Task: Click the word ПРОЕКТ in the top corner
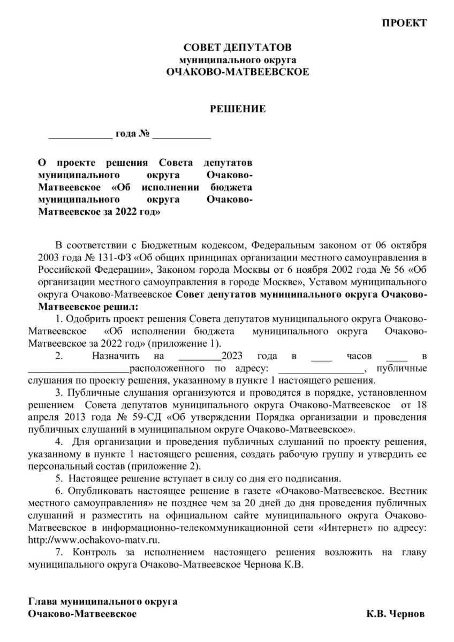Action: click(405, 23)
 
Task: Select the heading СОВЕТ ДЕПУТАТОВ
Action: click(238, 49)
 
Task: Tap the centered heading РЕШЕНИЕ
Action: click(238, 110)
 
